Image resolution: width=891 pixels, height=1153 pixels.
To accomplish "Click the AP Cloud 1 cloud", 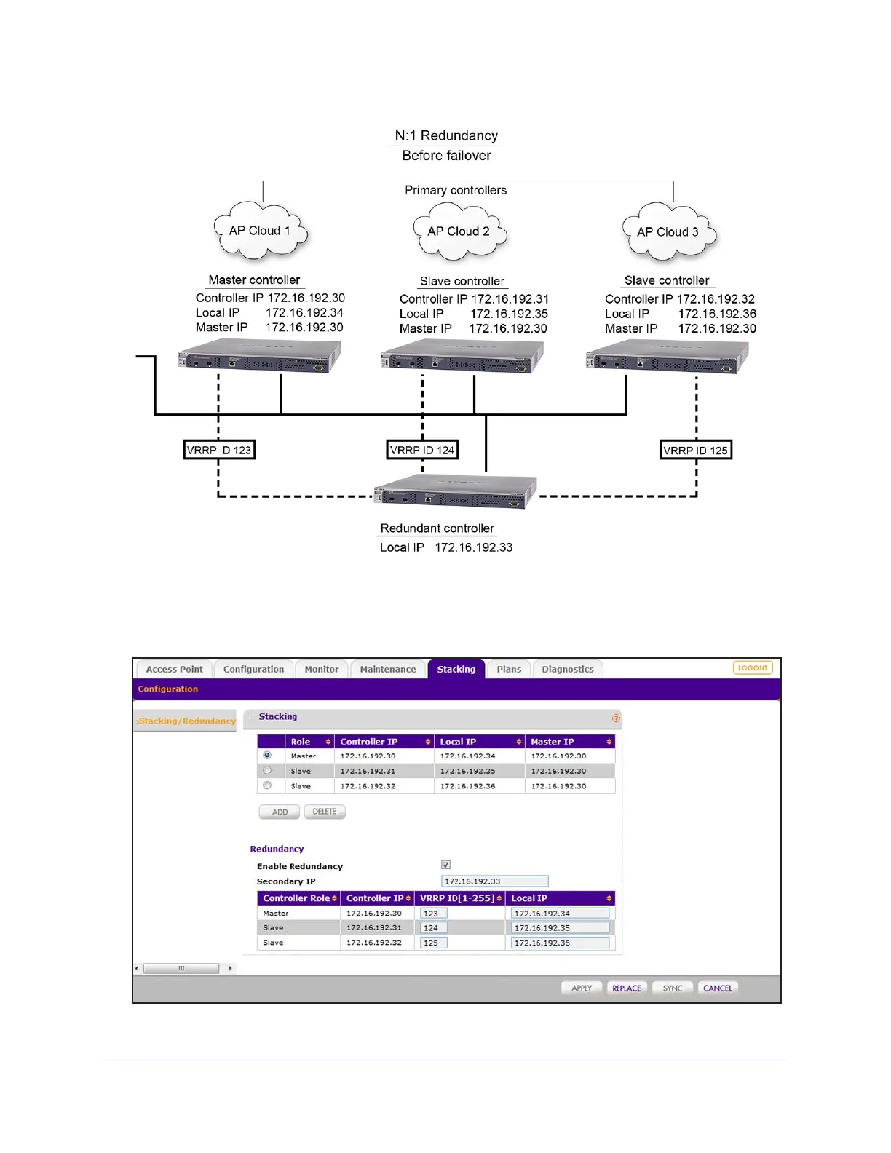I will pyautogui.click(x=261, y=231).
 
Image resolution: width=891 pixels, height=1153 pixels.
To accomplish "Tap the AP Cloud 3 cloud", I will pyautogui.click(x=669, y=232).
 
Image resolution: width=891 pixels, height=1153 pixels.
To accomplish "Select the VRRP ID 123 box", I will pyautogui.click(x=219, y=450).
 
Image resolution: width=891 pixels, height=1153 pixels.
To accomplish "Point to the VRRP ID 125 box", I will pyautogui.click(x=696, y=450).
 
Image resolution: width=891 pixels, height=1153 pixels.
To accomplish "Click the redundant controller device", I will pyautogui.click(x=456, y=492).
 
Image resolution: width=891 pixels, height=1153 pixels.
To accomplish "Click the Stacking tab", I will pyautogui.click(x=456, y=669).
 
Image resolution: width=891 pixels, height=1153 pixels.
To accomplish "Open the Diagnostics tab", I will pyautogui.click(x=567, y=669).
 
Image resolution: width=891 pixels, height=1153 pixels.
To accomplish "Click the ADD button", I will pyautogui.click(x=280, y=812).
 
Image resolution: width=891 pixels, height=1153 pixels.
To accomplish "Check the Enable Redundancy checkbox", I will pyautogui.click(x=445, y=865).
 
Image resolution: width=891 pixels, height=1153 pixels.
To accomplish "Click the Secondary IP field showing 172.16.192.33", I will pyautogui.click(x=494, y=881).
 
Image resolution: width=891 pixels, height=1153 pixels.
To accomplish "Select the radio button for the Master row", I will pyautogui.click(x=267, y=756).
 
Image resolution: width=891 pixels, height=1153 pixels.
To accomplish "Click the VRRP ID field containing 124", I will pyautogui.click(x=434, y=928).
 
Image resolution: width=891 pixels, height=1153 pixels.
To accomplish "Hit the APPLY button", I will pyautogui.click(x=582, y=988).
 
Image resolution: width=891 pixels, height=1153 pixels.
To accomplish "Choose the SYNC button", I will pyautogui.click(x=673, y=988).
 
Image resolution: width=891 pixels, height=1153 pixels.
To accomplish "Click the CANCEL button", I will pyautogui.click(x=718, y=988).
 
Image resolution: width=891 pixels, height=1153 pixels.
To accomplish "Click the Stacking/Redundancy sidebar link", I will pyautogui.click(x=187, y=721).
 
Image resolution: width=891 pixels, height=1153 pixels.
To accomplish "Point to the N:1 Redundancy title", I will pyautogui.click(x=446, y=135).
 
